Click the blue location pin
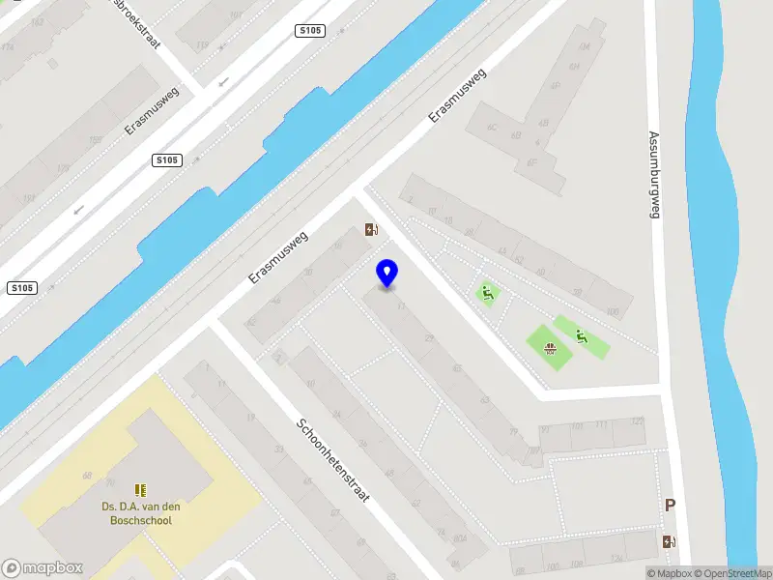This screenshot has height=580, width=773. (386, 274)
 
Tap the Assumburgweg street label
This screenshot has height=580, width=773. (654, 174)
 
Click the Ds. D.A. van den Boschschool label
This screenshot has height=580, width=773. (141, 512)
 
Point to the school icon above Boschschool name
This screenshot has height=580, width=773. (141, 490)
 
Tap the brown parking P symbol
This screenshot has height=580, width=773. (670, 505)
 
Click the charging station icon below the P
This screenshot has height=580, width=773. (669, 542)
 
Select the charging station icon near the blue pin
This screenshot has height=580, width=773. (371, 230)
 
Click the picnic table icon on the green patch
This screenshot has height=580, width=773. (549, 348)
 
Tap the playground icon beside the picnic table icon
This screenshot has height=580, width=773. (581, 336)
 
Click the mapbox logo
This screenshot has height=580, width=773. (42, 568)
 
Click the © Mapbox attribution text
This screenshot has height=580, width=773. (671, 573)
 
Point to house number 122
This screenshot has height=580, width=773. (636, 421)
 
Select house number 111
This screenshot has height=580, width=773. (601, 425)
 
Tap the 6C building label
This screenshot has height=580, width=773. (490, 127)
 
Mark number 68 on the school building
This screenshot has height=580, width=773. (87, 476)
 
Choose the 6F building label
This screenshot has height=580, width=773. (531, 162)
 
